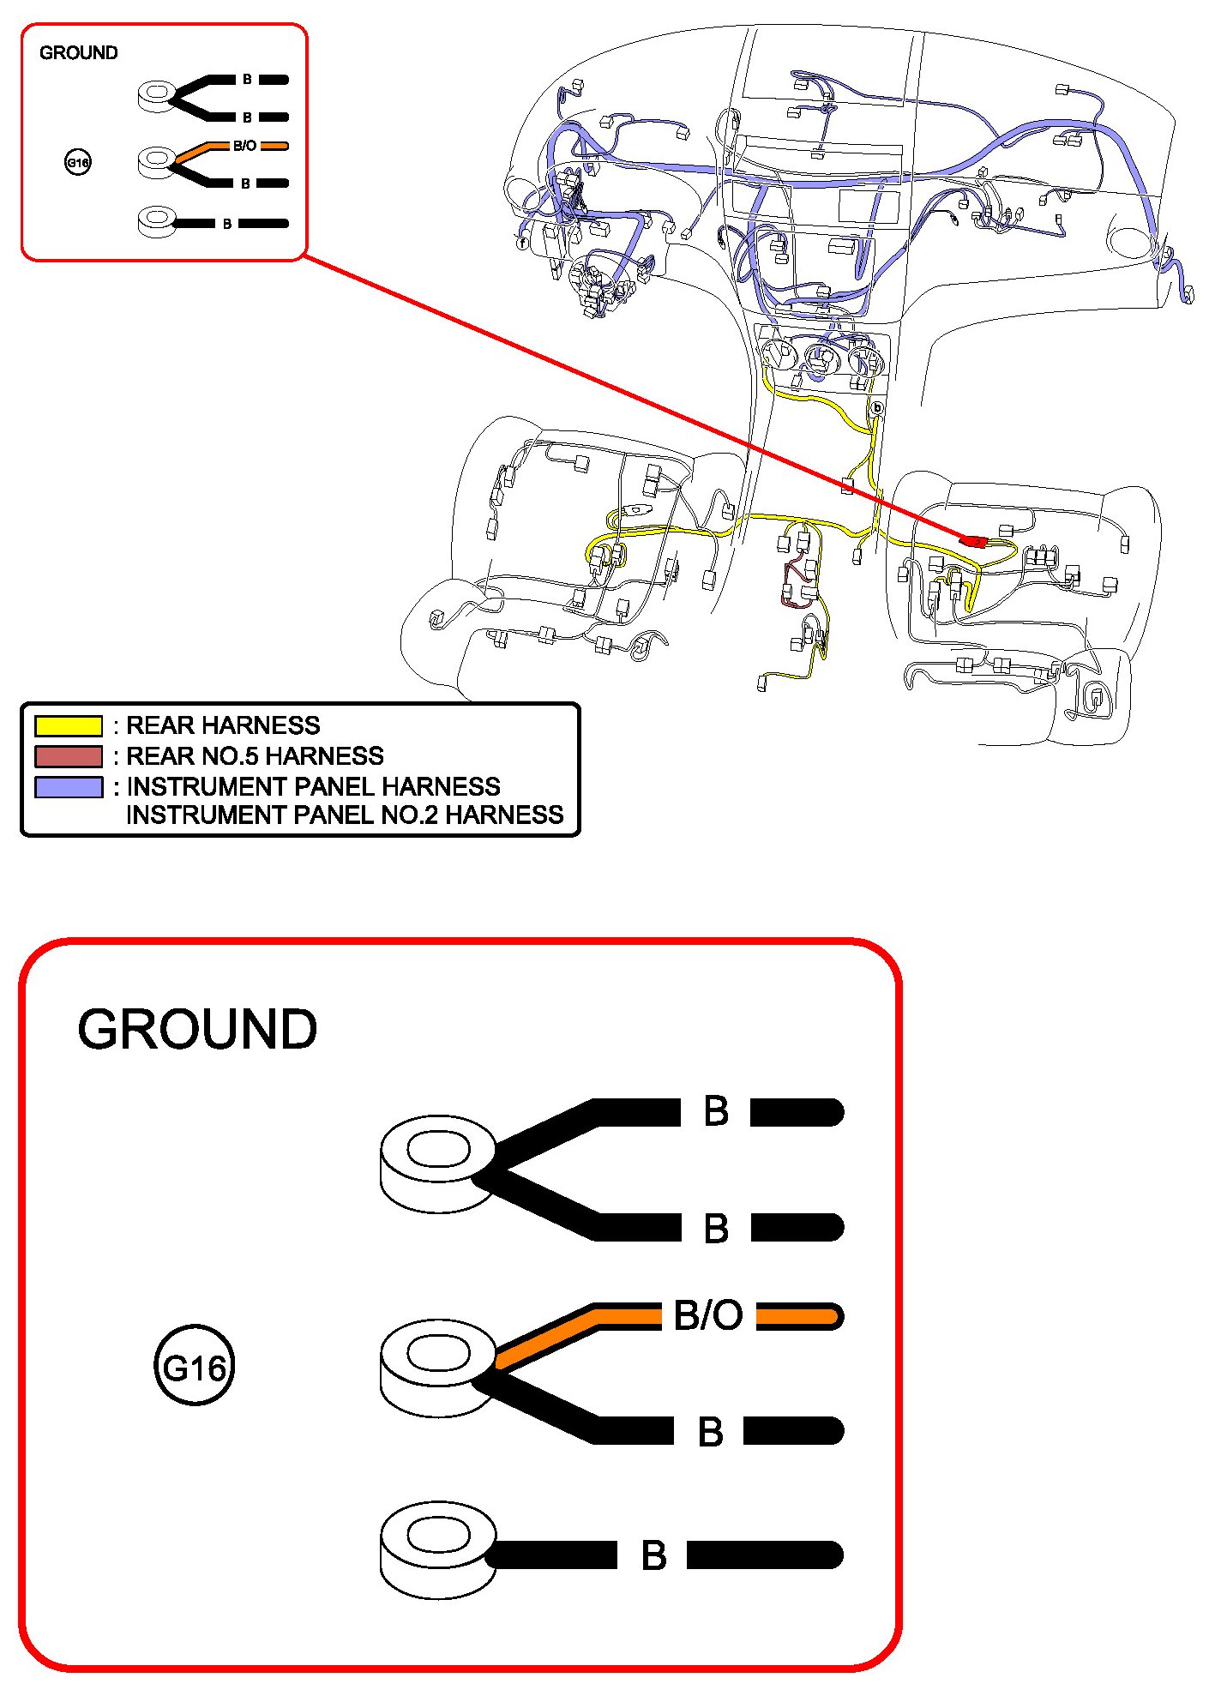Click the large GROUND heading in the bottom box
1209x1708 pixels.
pyautogui.click(x=197, y=1029)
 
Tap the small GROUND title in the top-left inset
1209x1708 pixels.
pyautogui.click(x=78, y=53)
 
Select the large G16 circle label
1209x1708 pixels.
pyautogui.click(x=194, y=1368)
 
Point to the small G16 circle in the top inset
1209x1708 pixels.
pyautogui.click(x=78, y=162)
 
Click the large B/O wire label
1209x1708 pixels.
pyautogui.click(x=708, y=1315)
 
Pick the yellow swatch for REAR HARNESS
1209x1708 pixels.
pyautogui.click(x=68, y=725)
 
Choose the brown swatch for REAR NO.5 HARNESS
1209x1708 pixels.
pyautogui.click(x=68, y=756)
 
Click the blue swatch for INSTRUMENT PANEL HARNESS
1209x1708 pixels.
pyautogui.click(x=68, y=787)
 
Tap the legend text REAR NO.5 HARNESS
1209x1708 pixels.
pyautogui.click(x=255, y=756)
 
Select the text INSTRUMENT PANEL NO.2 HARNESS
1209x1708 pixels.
pyautogui.click(x=345, y=815)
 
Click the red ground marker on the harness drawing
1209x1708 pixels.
pyautogui.click(x=973, y=540)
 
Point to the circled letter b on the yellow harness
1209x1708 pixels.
pyautogui.click(x=876, y=409)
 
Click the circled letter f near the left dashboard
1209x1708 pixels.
pyautogui.click(x=522, y=244)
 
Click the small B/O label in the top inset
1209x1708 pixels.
pyautogui.click(x=244, y=146)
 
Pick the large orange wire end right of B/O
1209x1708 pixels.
pyautogui.click(x=800, y=1316)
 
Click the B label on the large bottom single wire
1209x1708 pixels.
pyautogui.click(x=653, y=1555)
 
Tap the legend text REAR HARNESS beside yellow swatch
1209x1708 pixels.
pyautogui.click(x=223, y=725)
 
